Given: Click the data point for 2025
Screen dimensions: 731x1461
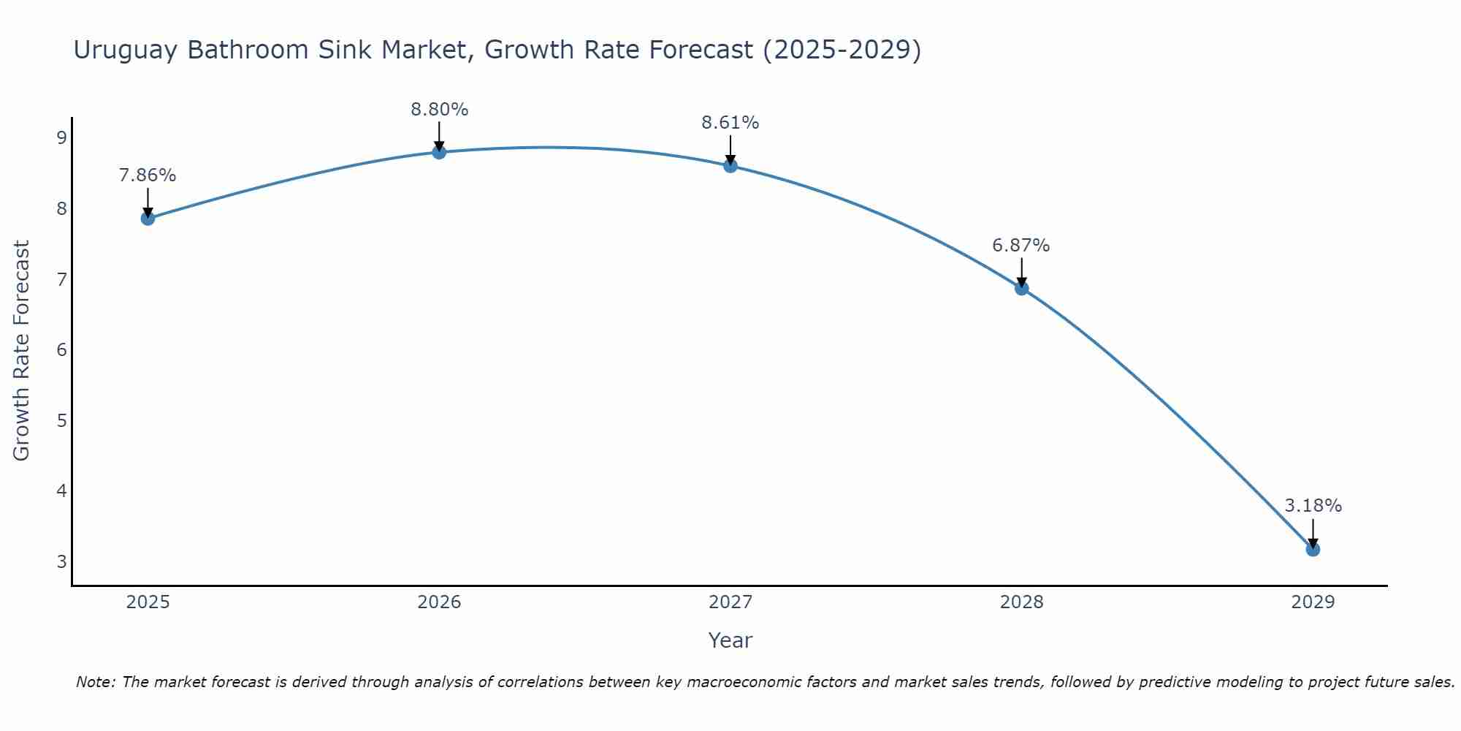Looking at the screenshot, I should coord(148,218).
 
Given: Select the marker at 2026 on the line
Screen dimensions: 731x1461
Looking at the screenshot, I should coord(439,152).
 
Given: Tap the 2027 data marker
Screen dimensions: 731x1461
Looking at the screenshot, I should coord(730,165).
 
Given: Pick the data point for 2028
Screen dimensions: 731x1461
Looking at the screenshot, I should coord(1021,288).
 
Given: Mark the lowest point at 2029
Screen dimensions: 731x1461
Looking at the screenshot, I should coord(1313,549).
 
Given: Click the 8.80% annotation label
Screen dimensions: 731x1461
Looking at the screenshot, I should coord(439,110).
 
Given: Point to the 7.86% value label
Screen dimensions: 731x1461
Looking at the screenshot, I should coord(148,175).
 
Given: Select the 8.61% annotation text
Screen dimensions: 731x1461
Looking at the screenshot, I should coord(730,123).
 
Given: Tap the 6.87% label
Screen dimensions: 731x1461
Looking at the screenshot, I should coord(1021,246).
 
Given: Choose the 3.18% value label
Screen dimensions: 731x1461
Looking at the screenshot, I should coord(1313,506).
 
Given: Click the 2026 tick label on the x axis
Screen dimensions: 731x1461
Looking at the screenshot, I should coord(439,602).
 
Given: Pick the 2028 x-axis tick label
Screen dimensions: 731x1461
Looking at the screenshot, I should coord(1021,602).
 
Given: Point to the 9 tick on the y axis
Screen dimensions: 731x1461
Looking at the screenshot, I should coord(61,138).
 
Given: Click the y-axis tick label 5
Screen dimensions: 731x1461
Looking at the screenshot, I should coord(61,420).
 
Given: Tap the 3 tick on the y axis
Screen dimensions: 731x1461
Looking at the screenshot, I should coord(61,561).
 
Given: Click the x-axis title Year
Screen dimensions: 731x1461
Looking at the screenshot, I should coord(730,640).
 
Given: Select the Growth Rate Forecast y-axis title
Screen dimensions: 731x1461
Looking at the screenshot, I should coord(22,351).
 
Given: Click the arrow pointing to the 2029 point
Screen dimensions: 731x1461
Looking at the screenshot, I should coord(1313,532).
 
